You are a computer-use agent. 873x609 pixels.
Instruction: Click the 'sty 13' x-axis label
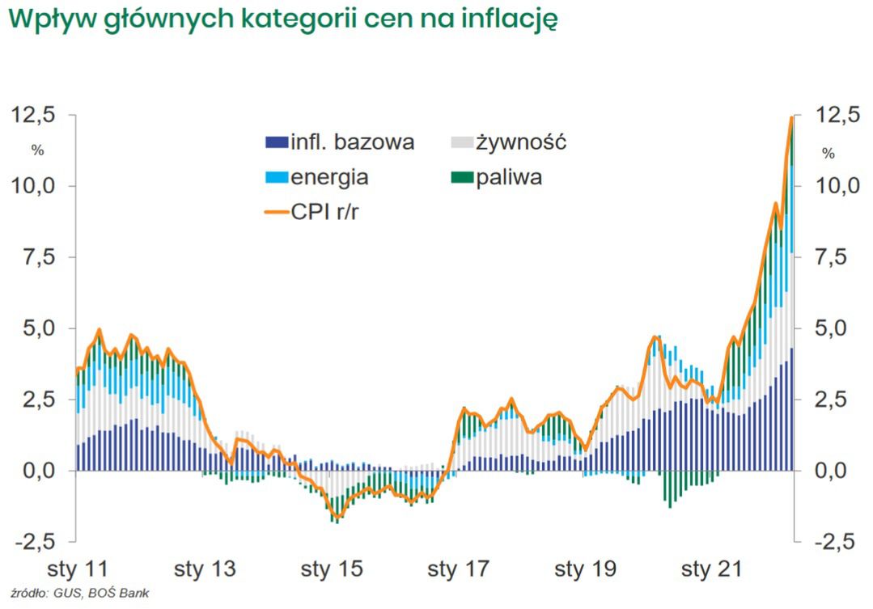point(206,569)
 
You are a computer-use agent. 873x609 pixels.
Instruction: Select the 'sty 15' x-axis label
point(332,569)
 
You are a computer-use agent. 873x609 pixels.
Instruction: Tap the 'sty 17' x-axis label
point(458,569)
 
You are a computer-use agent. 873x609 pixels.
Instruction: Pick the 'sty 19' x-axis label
point(584,569)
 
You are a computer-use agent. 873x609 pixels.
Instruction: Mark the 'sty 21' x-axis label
point(710,569)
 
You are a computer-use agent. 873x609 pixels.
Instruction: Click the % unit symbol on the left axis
point(37,150)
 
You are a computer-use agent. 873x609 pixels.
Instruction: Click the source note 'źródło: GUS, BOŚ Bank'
point(76,593)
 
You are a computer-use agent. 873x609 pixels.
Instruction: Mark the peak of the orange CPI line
point(790,118)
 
